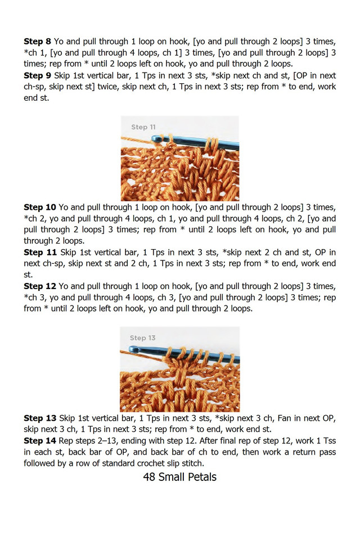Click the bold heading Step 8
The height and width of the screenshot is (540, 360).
tap(37, 42)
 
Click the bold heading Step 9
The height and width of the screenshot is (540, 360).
tap(37, 75)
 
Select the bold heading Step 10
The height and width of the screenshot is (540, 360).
tap(40, 207)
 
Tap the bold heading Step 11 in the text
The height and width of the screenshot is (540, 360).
tap(40, 252)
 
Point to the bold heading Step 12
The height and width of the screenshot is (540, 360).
tap(40, 286)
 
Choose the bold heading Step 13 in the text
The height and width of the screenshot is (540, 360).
tap(40, 418)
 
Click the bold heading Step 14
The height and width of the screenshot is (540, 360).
tap(40, 440)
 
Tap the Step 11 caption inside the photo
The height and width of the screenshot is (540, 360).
tap(143, 127)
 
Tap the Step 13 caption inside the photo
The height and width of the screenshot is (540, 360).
tap(142, 338)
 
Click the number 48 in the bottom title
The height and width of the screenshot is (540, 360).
tap(150, 478)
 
